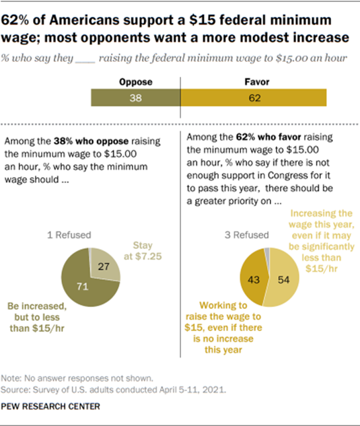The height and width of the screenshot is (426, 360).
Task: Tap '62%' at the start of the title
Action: click(16, 21)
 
